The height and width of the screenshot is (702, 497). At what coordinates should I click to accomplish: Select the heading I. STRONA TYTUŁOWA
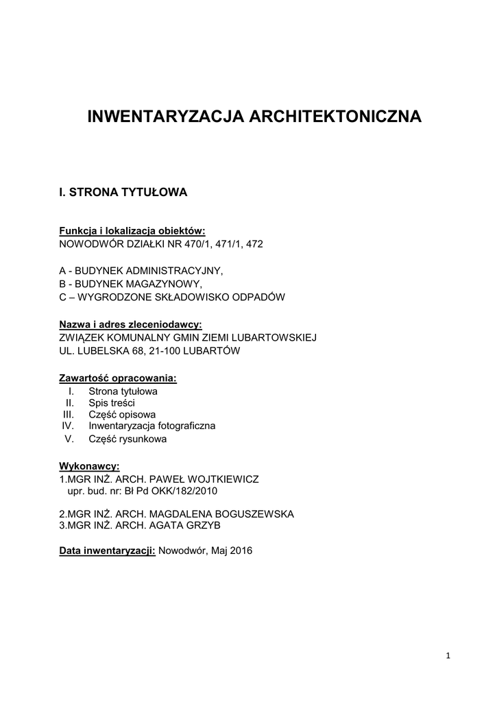123,193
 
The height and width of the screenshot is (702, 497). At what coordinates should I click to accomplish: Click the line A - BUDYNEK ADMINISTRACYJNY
141,271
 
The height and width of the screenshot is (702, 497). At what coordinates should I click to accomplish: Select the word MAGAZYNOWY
170,284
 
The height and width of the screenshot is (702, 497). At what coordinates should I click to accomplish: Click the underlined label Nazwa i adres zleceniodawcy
130,324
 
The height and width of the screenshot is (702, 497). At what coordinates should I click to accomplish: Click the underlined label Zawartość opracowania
118,378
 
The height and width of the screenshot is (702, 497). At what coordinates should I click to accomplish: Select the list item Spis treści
112,403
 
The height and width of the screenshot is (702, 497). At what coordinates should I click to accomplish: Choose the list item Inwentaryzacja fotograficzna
151,426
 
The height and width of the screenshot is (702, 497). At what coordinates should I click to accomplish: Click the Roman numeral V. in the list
68,439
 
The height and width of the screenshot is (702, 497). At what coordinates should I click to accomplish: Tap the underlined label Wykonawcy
89,466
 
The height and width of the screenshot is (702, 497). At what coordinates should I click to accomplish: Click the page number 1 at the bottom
448,656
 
